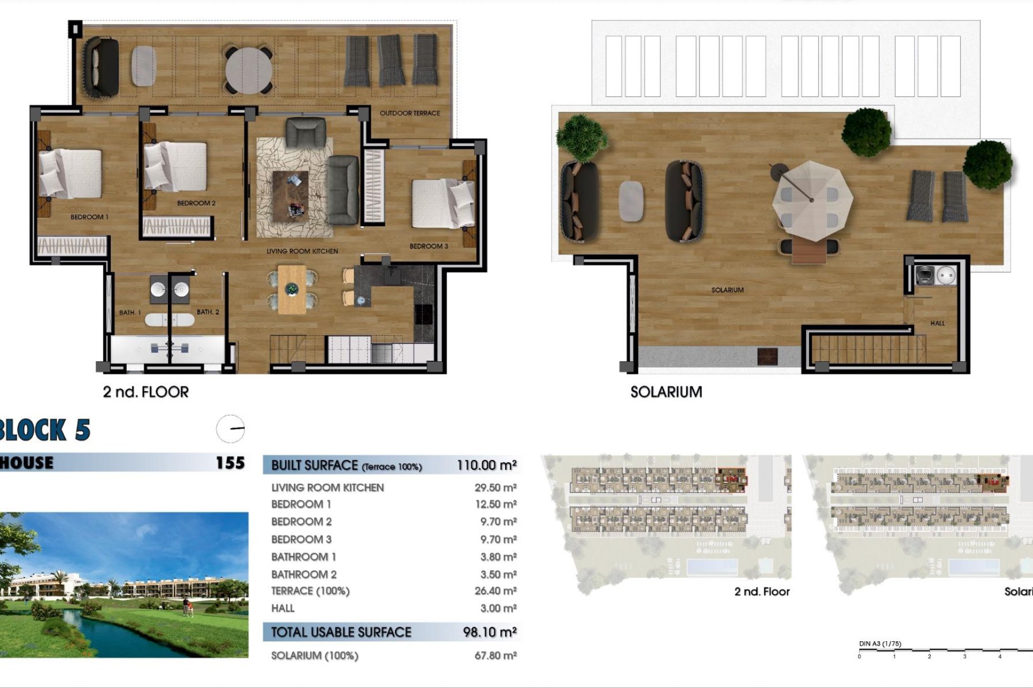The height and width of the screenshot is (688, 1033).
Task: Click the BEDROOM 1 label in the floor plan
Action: [x=89, y=217]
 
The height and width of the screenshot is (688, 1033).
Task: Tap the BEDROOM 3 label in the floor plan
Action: [x=428, y=246]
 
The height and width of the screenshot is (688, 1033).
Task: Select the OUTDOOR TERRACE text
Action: [x=409, y=113]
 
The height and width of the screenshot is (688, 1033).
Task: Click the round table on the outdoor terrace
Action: [x=249, y=69]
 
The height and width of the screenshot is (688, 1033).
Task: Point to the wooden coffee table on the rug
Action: [x=290, y=196]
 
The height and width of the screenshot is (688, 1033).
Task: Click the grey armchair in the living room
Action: [x=306, y=132]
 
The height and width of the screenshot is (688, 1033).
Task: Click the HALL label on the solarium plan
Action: [x=937, y=323]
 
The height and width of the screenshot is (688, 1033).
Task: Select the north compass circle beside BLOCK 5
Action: [x=230, y=429]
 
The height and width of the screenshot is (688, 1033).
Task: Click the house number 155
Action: [x=230, y=463]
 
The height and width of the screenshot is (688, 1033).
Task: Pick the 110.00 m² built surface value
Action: [x=486, y=465]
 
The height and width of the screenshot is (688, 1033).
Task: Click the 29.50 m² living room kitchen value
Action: [x=495, y=488]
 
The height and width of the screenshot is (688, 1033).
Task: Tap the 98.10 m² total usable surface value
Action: [x=489, y=632]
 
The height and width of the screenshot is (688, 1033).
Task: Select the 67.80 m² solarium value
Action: [x=495, y=656]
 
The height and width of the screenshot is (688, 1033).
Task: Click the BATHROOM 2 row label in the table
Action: [x=303, y=575]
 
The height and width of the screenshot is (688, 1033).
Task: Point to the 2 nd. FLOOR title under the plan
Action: [x=146, y=392]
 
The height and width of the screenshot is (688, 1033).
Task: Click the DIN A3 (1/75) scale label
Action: [x=880, y=643]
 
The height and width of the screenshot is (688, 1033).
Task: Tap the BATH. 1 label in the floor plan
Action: [x=130, y=312]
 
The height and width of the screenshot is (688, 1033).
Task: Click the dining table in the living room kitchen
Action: [x=292, y=290]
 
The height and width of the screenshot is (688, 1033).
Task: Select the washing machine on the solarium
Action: [x=926, y=275]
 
